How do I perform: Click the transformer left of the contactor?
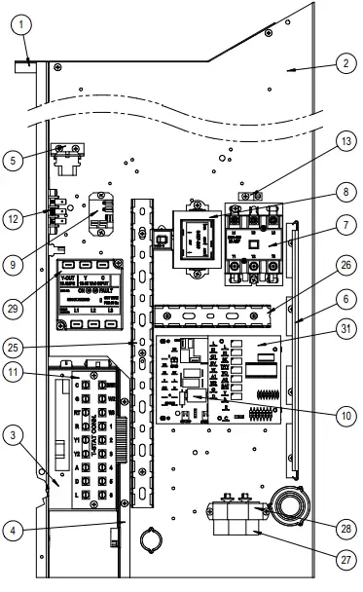coord(199,240)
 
